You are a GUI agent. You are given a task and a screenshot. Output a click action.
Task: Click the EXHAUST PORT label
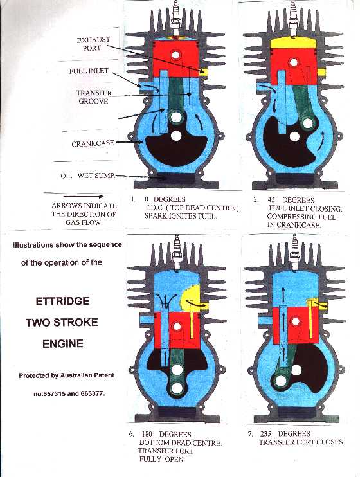coord(93,44)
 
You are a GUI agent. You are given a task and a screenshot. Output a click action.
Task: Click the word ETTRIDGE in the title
coord(63,300)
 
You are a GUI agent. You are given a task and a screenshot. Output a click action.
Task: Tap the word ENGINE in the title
coord(62,343)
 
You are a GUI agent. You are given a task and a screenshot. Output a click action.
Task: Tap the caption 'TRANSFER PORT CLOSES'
coord(301,442)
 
